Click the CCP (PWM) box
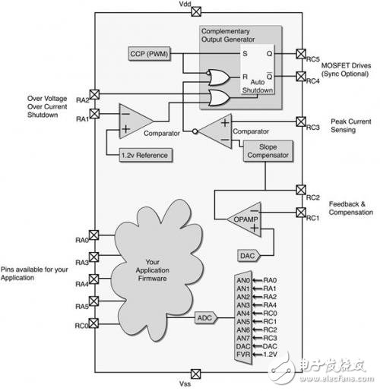[150, 53]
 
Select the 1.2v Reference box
[146, 154]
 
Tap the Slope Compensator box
[264, 150]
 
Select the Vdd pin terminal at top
[196, 11]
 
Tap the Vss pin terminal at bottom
[196, 372]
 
